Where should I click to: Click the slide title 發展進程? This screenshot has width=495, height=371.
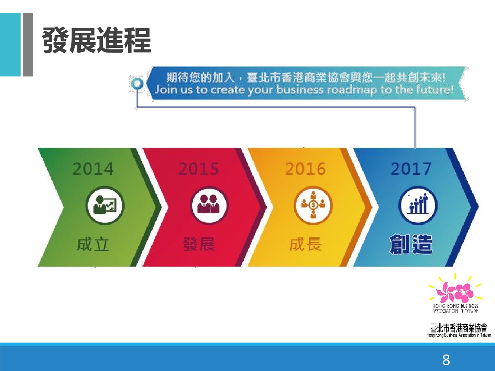point(97,41)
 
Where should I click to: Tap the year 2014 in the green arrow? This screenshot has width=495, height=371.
point(93,169)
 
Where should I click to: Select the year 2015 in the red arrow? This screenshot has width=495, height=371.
point(199,169)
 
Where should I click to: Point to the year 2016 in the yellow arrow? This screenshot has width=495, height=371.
point(305,169)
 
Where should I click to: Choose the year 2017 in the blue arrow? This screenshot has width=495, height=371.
point(411,169)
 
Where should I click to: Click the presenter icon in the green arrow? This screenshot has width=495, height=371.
point(105,205)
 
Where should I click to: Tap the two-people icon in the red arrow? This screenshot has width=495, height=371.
point(210,205)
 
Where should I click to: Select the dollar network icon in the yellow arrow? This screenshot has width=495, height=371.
point(313,205)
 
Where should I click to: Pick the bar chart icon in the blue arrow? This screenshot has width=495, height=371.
point(418,205)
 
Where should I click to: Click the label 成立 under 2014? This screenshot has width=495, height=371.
point(93,245)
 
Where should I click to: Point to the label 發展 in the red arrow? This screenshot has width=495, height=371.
point(199,245)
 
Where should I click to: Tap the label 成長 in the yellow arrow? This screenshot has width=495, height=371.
point(305,245)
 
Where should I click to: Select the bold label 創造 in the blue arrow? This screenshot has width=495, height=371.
point(411,245)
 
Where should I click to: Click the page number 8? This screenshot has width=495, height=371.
point(446,360)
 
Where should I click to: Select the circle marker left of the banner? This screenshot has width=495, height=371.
point(137,84)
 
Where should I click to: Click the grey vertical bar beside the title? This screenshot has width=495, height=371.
point(28,45)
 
